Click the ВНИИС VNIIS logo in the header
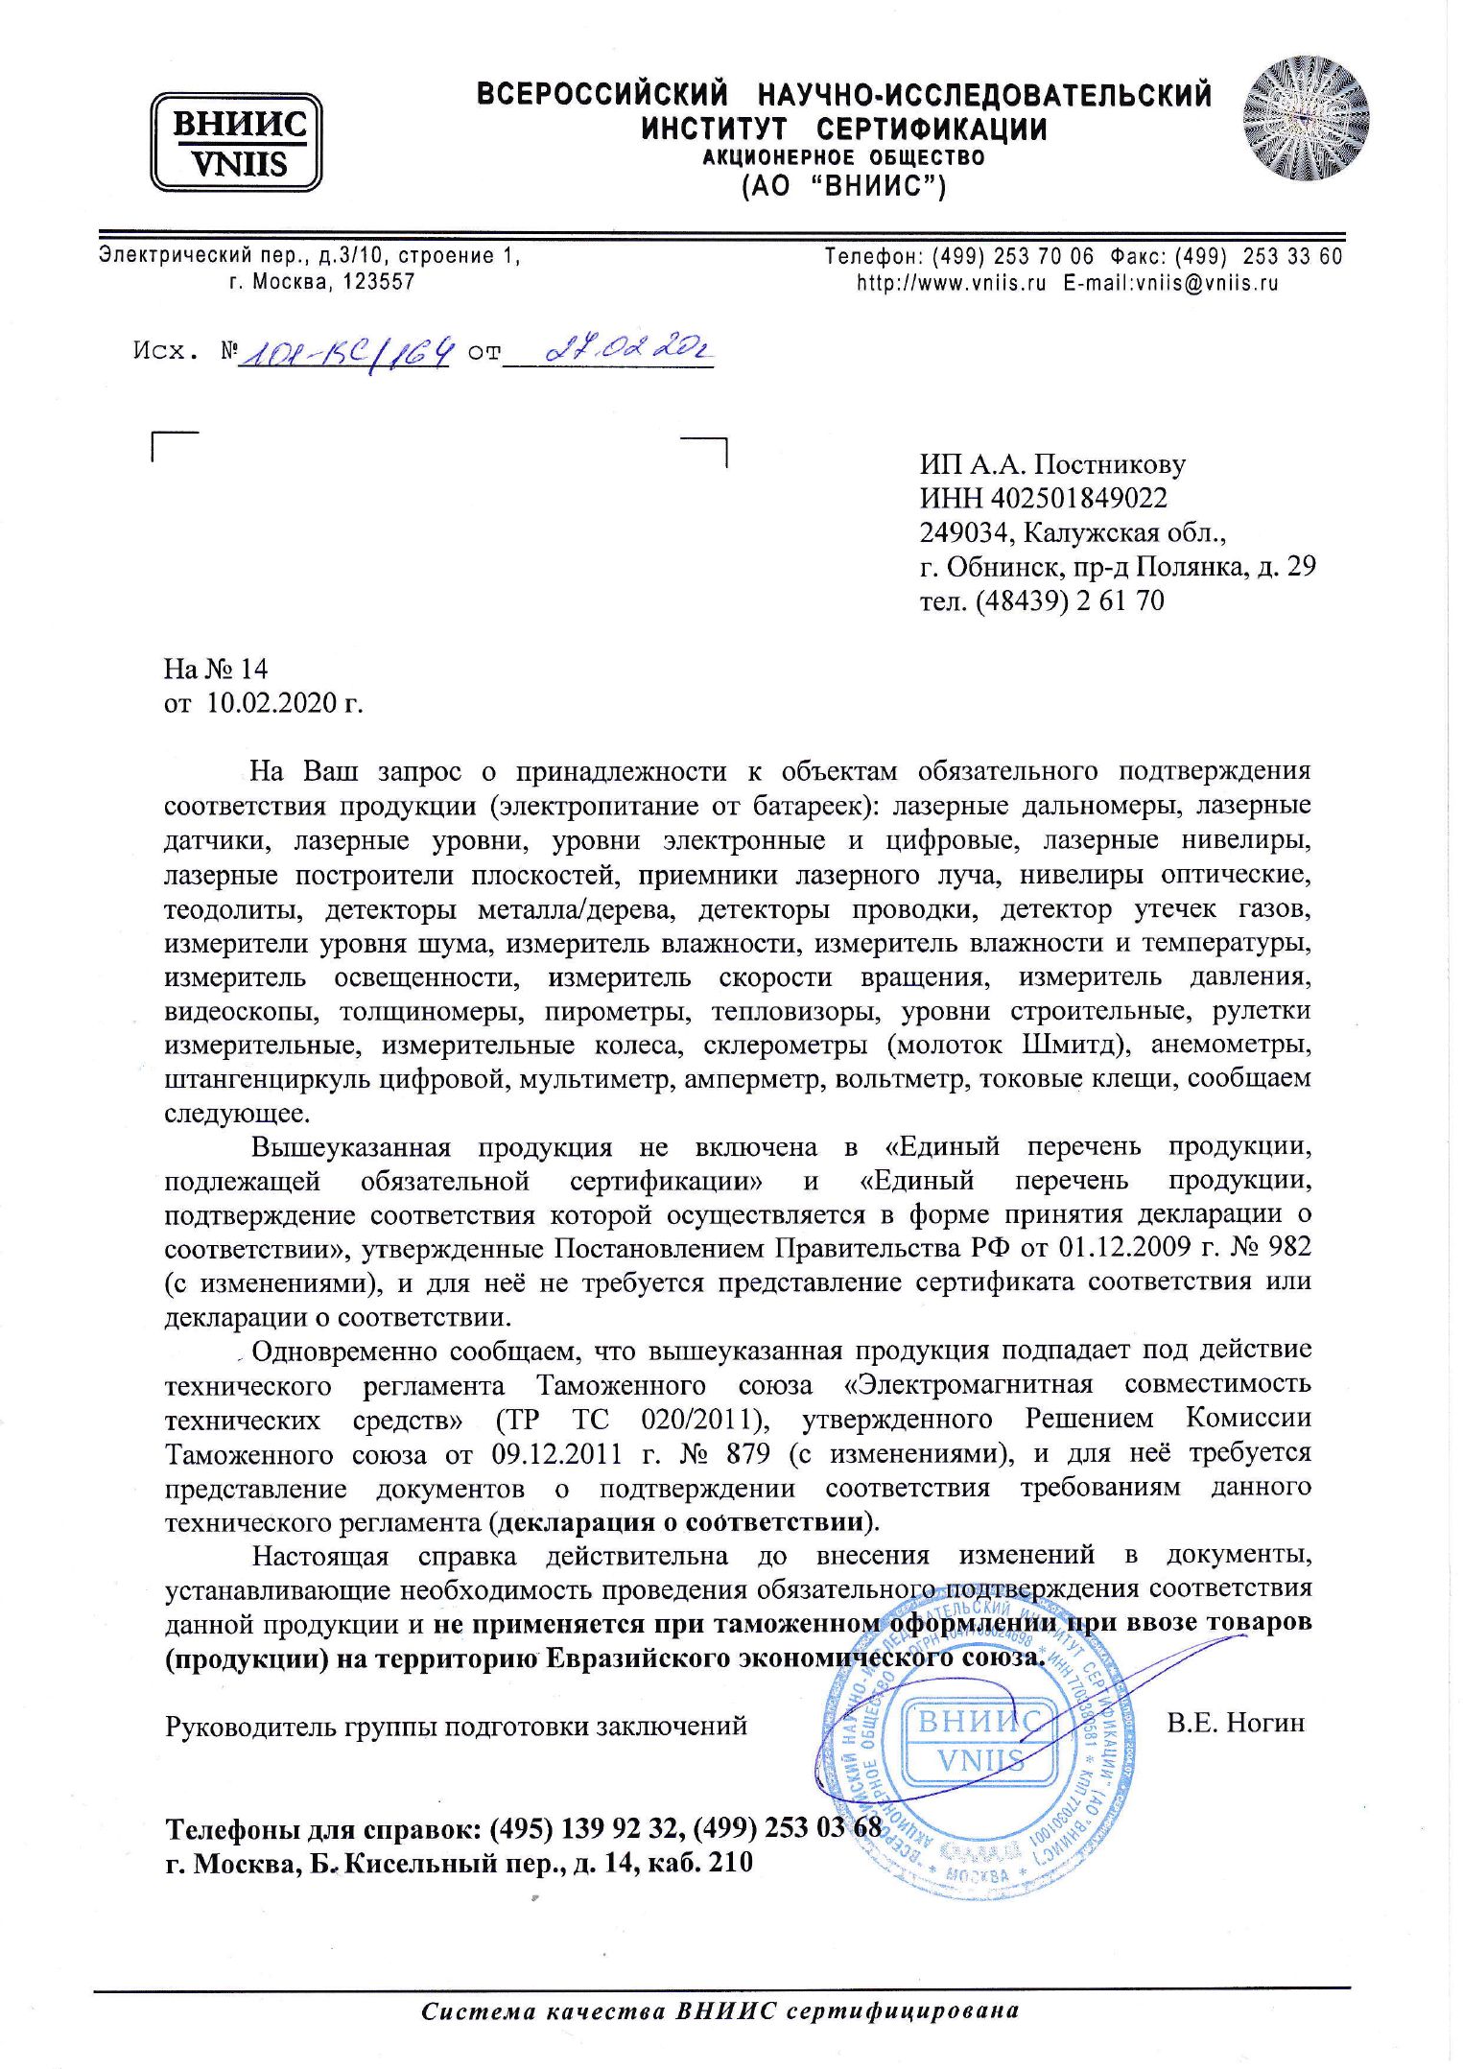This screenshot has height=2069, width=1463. coord(236,142)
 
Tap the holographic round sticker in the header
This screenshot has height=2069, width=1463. coord(1306,118)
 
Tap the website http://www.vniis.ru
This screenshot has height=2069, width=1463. coord(951,283)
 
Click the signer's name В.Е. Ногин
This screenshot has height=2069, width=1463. coord(1236,1723)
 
